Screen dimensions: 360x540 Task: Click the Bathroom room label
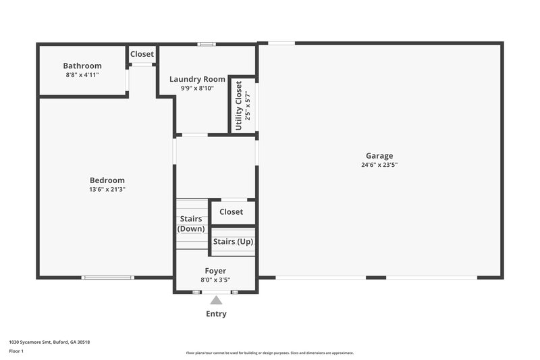pyautogui.click(x=82, y=66)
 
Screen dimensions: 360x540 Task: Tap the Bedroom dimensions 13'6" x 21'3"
pyautogui.click(x=107, y=190)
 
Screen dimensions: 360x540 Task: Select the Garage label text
pyautogui.click(x=380, y=155)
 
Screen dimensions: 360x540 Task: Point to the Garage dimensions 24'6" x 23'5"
pyautogui.click(x=380, y=165)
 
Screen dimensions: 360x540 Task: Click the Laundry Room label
pyautogui.click(x=197, y=79)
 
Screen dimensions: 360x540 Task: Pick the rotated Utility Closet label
pyautogui.click(x=238, y=105)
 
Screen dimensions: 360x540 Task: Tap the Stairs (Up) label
pyautogui.click(x=233, y=242)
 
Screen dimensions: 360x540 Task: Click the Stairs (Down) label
pyautogui.click(x=191, y=224)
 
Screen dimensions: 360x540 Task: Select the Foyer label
pyautogui.click(x=215, y=271)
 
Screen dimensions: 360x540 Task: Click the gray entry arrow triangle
pyautogui.click(x=215, y=300)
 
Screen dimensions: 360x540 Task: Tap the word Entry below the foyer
pyautogui.click(x=215, y=314)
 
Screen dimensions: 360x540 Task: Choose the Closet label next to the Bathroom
pyautogui.click(x=142, y=54)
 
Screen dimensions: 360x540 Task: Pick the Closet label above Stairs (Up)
pyautogui.click(x=231, y=212)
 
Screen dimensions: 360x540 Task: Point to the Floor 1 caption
pyautogui.click(x=16, y=352)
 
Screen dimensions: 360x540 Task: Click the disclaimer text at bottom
pyautogui.click(x=269, y=353)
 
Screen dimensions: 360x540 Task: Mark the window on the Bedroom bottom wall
pyautogui.click(x=107, y=277)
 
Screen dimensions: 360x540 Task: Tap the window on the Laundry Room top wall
pyautogui.click(x=206, y=45)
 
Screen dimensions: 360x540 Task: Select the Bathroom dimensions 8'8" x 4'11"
pyautogui.click(x=82, y=75)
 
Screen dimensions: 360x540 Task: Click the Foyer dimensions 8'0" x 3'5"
pyautogui.click(x=215, y=280)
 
